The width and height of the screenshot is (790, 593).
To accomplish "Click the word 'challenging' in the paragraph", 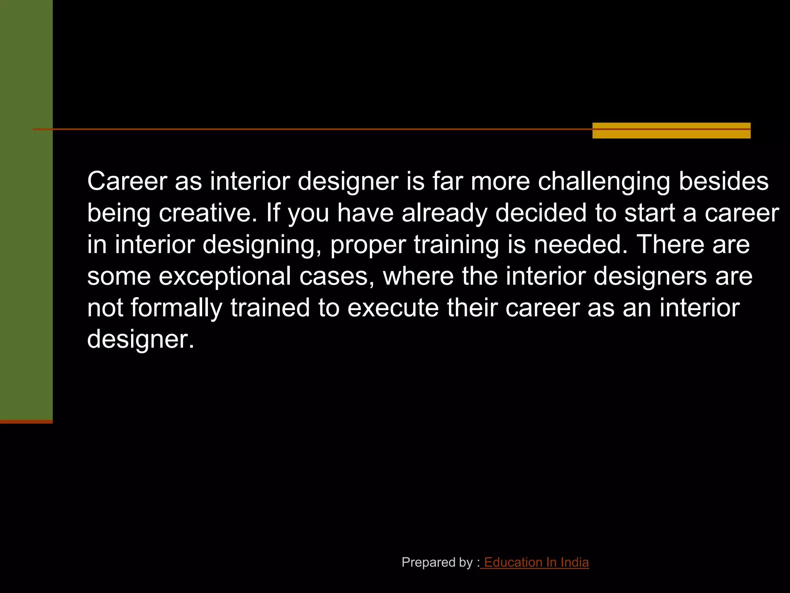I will [604, 181].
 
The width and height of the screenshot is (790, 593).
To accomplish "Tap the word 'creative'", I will [208, 213].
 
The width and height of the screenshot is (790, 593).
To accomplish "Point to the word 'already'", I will [444, 213].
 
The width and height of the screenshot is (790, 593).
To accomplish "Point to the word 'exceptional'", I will [225, 276].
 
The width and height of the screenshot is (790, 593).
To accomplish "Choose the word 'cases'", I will [337, 276].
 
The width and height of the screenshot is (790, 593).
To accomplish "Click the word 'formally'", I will [177, 308].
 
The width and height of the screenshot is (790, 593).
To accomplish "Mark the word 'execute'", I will [393, 308].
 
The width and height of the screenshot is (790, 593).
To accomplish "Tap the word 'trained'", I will [270, 308].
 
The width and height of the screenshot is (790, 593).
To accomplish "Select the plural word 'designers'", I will [650, 276].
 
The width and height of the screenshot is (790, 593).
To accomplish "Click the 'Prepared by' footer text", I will [437, 563].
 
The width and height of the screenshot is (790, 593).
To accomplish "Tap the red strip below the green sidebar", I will [26, 422].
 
